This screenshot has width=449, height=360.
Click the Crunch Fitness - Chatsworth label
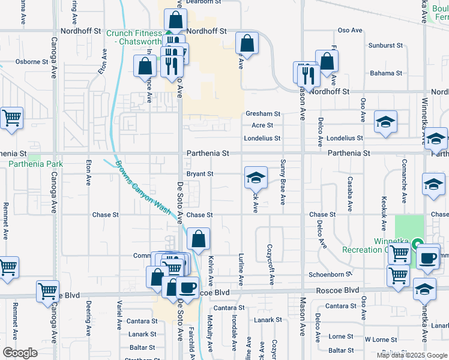coord(134,37)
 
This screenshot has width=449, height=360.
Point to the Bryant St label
coord(200,174)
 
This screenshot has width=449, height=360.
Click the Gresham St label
coord(262,113)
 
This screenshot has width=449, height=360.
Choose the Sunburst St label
coord(385,46)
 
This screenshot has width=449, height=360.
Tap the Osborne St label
coord(32,62)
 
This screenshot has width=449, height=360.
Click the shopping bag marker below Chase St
coord(198,239)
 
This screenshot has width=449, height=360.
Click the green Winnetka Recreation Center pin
coord(418,245)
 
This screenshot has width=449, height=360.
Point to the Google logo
coord(20,353)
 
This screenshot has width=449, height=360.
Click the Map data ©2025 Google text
coord(412,355)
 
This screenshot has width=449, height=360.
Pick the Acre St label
coord(262,125)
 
